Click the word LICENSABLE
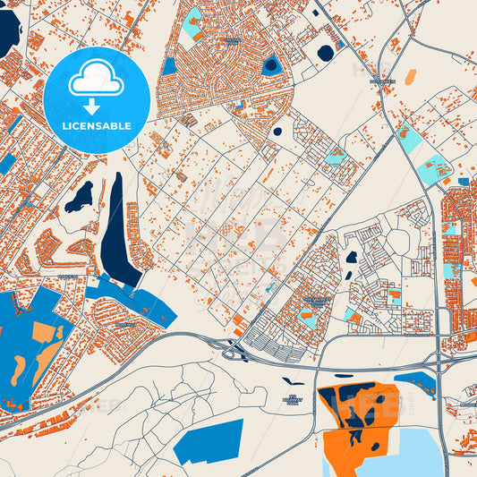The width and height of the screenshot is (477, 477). click(96, 126)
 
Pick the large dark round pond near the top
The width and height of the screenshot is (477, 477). click(325, 53)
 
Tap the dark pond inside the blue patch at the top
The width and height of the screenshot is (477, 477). click(271, 64)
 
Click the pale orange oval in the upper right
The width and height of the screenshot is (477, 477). click(410, 78)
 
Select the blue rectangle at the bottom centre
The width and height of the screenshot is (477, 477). click(209, 440)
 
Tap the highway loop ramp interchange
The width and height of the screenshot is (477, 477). click(234, 350)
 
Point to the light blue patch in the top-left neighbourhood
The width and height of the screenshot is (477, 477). click(191, 26)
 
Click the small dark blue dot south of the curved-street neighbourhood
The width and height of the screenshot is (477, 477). click(277, 132)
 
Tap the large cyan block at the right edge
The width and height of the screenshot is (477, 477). click(436, 167)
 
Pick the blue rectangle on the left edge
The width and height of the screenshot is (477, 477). click(6, 164)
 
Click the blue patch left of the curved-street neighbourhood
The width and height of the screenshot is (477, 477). click(169, 66)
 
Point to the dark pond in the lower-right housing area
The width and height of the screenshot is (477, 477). click(352, 257)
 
